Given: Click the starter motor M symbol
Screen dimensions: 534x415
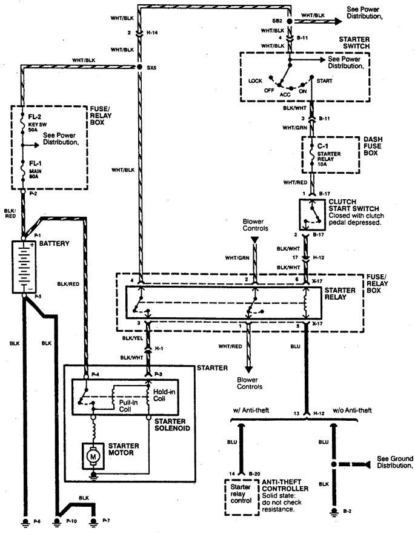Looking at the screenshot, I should click(94, 454).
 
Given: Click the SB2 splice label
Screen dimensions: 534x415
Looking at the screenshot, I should click(278, 21).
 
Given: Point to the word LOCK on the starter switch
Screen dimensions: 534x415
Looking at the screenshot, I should click(255, 81).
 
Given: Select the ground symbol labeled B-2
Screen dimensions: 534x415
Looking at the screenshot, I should click(332, 513).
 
